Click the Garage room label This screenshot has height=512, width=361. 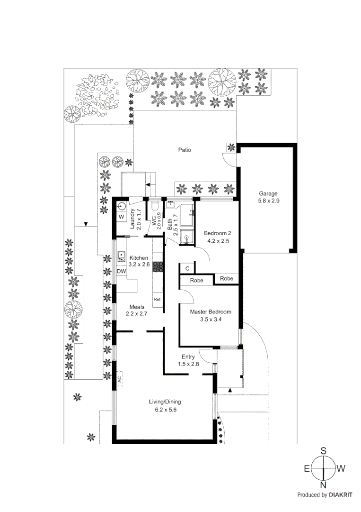click(x=268, y=193)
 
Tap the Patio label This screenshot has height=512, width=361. click(x=185, y=150)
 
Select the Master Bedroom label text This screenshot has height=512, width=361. click(x=211, y=312)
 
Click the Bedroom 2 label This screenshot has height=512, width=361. click(x=217, y=233)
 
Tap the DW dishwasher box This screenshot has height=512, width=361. click(x=121, y=271)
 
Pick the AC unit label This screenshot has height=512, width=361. click(x=120, y=379)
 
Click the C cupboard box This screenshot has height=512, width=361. click(x=187, y=268)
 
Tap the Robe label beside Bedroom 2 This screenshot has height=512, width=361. click(x=227, y=278)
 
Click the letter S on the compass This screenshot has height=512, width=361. click(x=324, y=451)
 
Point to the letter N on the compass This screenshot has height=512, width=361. click(x=324, y=485)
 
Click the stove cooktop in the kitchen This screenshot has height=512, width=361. click(x=158, y=267)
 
